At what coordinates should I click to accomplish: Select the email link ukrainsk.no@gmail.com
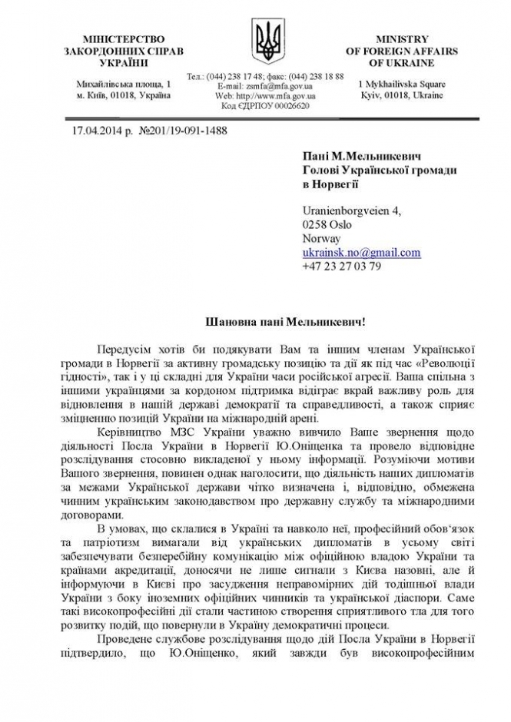point(361,252)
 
